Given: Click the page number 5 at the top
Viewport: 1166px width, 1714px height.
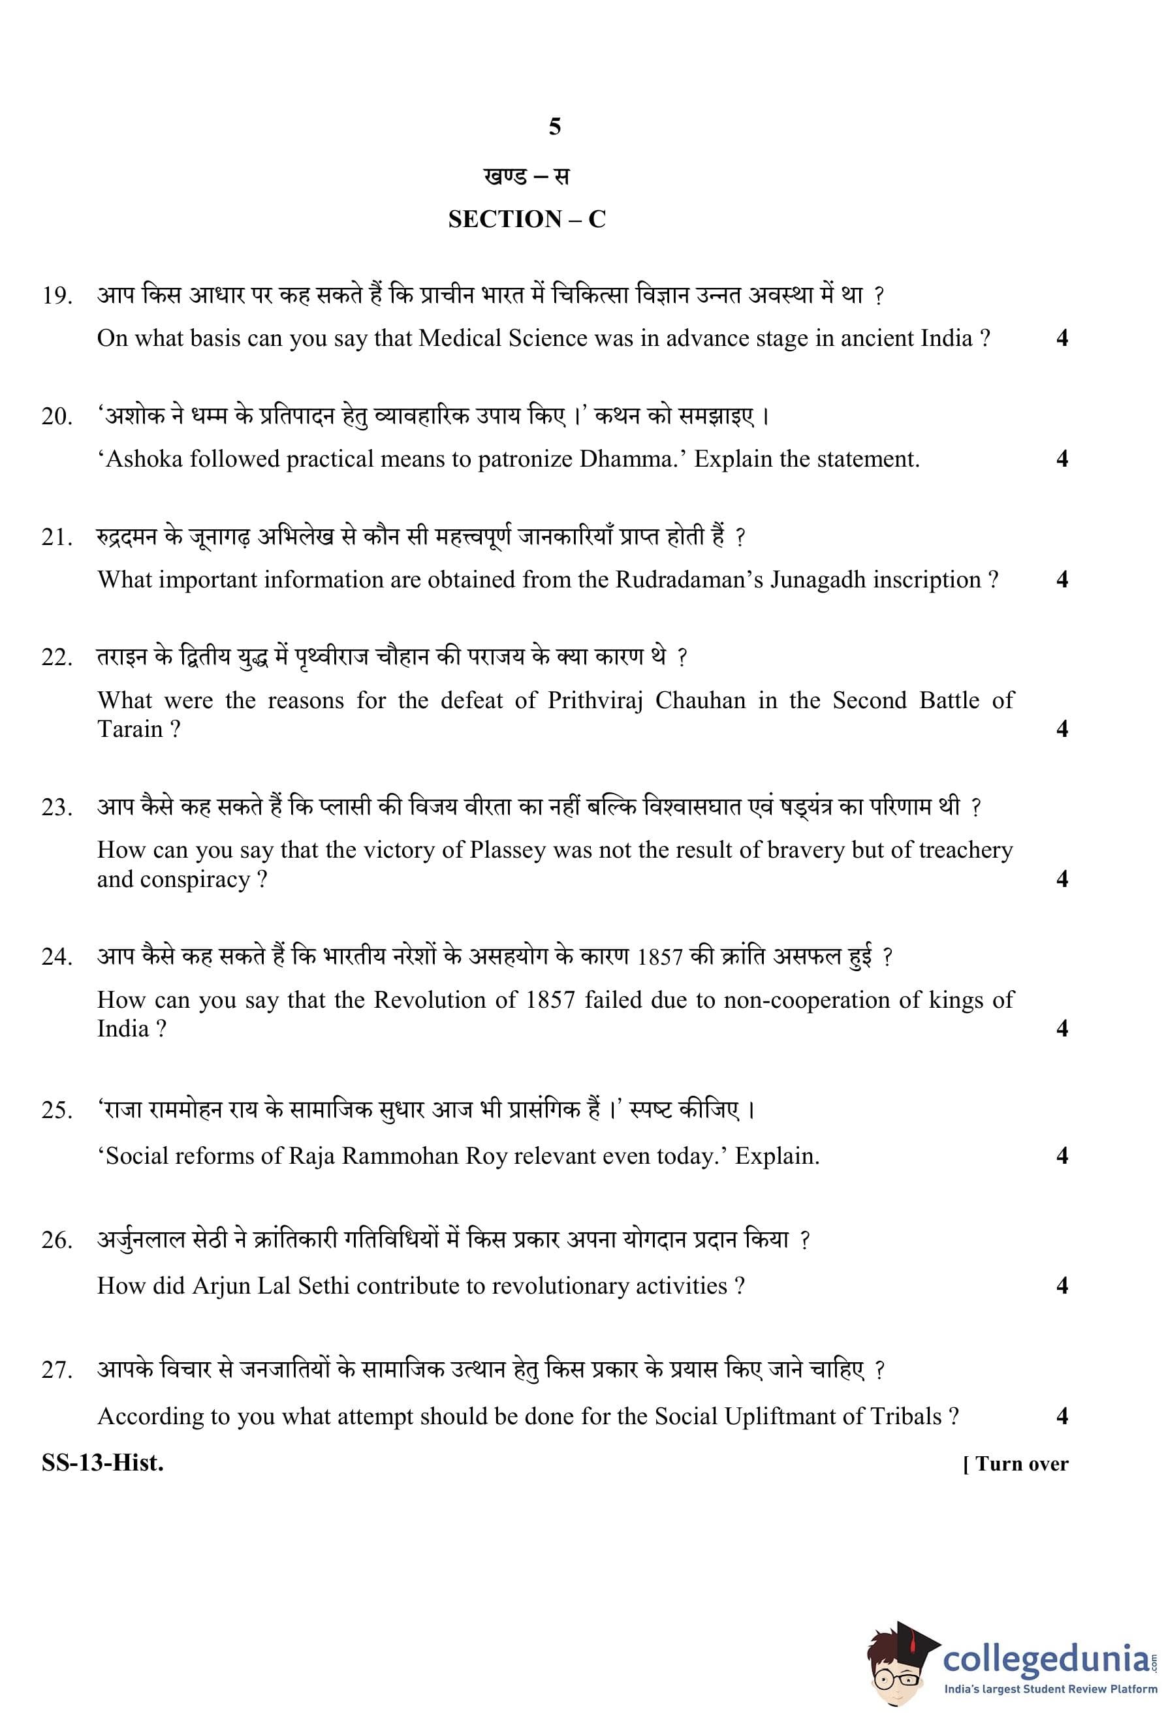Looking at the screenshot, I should (555, 127).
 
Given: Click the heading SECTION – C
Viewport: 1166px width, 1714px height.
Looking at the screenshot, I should (527, 219).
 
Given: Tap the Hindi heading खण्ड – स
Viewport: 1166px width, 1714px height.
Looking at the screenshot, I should (527, 176).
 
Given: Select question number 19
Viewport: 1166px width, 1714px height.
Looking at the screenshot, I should (57, 296).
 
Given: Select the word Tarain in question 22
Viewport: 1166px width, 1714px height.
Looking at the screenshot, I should (129, 730).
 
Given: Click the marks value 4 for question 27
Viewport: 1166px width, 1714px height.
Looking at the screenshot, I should (1062, 1417).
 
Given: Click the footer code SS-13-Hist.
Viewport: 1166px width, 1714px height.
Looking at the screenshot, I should (102, 1463).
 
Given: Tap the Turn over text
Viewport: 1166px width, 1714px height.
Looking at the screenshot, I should (1016, 1464).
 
